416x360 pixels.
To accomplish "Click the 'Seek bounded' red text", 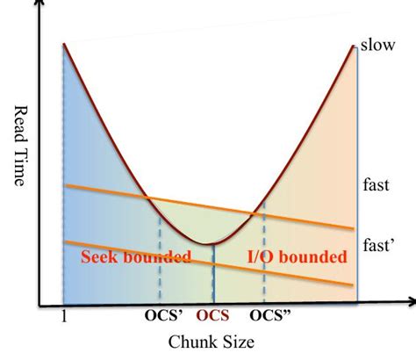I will [136, 257].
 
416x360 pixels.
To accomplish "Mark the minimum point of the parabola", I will [207, 244].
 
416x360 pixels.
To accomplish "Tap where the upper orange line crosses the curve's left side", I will [147, 198].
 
